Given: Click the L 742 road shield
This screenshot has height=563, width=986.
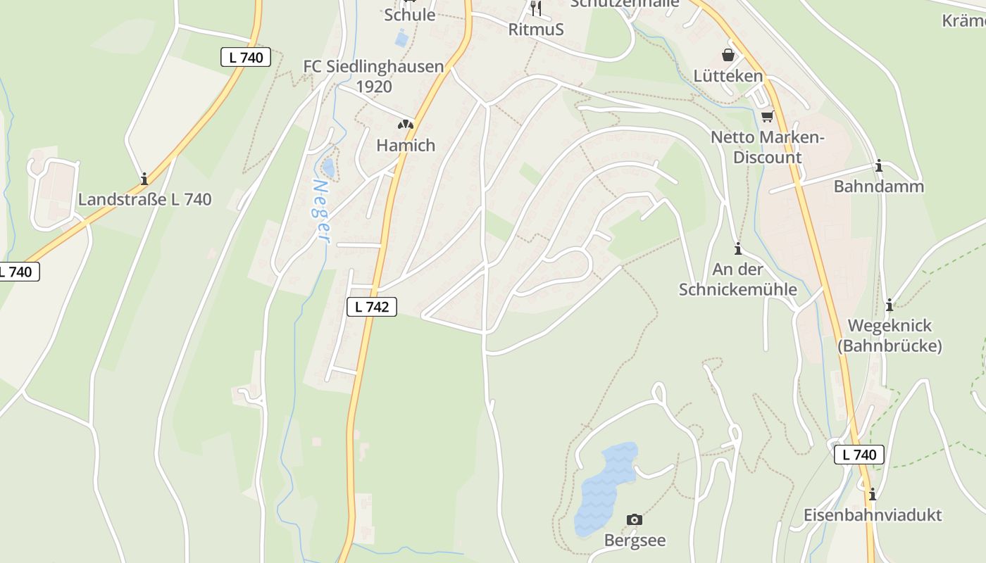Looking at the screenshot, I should [372, 306].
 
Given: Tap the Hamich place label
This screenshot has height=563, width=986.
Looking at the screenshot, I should [406, 145].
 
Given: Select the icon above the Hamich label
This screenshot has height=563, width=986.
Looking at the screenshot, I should [405, 125].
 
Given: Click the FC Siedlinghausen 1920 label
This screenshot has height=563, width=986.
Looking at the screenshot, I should [373, 76].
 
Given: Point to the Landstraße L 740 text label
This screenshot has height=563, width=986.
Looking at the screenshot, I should [144, 199].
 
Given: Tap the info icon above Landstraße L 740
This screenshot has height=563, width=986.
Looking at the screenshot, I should [144, 179].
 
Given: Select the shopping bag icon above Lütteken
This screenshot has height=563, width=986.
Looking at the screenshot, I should [728, 54].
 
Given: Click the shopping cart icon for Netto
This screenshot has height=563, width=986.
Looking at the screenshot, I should [767, 116].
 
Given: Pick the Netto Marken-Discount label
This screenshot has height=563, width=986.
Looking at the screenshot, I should [767, 147].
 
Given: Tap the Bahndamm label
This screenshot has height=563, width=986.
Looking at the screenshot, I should [878, 186].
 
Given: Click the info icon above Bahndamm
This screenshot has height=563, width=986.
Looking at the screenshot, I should [878, 166].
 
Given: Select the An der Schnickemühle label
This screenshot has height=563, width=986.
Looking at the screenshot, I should [737, 279].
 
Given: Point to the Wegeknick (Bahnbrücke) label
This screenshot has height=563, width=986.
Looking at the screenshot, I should [890, 336].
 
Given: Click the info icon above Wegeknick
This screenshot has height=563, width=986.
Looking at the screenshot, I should [890, 305].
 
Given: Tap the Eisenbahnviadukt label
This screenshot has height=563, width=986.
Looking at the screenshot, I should [872, 514].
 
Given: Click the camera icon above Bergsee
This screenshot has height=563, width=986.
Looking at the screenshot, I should [635, 519].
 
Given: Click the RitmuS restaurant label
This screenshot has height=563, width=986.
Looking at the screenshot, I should [536, 30].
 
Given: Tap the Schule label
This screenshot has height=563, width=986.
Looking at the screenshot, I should [409, 14].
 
